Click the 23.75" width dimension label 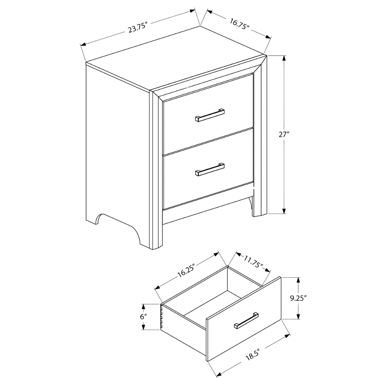(x=137, y=28)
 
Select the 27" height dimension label (x=284, y=135)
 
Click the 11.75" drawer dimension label (x=253, y=263)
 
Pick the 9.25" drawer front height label (x=298, y=298)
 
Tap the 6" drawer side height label (x=143, y=317)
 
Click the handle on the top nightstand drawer (x=210, y=115)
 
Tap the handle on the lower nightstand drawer (x=210, y=169)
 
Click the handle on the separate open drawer (x=246, y=321)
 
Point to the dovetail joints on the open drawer (x=162, y=316)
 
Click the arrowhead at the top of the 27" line (x=284, y=58)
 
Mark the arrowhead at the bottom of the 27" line (x=284, y=211)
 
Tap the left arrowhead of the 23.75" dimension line (x=83, y=45)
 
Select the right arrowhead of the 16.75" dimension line (x=268, y=37)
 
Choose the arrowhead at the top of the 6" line (x=143, y=307)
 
